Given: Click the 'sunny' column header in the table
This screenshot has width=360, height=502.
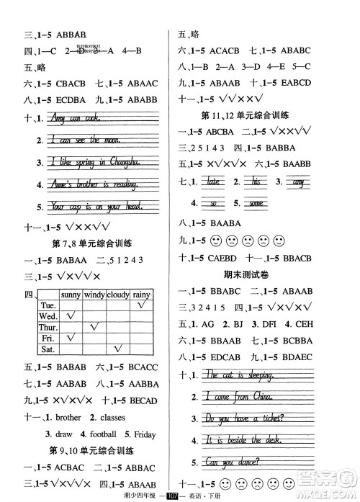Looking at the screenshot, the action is [x=71, y=294].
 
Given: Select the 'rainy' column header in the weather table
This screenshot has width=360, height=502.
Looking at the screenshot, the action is [x=141, y=294].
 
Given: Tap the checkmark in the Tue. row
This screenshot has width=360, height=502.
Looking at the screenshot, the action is [x=141, y=305].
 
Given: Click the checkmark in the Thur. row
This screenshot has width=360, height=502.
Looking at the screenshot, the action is [x=94, y=327].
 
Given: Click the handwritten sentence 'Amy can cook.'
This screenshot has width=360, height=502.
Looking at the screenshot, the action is [x=76, y=118].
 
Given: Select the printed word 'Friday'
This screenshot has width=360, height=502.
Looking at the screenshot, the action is [x=143, y=434].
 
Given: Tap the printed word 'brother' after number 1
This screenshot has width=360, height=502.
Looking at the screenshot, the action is [x=68, y=418].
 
